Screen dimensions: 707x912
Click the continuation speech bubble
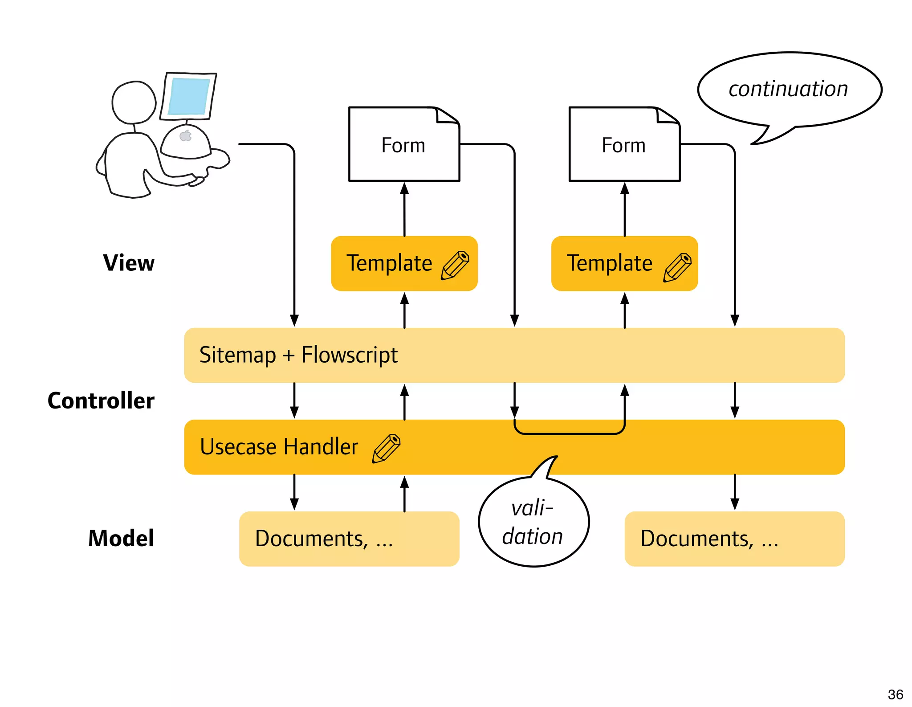pyautogui.click(x=789, y=89)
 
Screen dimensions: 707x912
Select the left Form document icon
pyautogui.click(x=404, y=144)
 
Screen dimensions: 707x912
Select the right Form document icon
pyautogui.click(x=624, y=144)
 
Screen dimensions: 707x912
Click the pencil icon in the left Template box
pyautogui.click(x=455, y=265)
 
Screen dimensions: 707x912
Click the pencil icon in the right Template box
pyautogui.click(x=677, y=267)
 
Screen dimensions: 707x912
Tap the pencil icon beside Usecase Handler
pyautogui.click(x=387, y=448)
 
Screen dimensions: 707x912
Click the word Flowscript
pyautogui.click(x=350, y=355)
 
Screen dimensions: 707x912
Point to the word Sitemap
pyautogui.click(x=237, y=355)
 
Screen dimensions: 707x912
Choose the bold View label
pyautogui.click(x=129, y=263)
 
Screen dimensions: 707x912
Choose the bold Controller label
pyautogui.click(x=101, y=400)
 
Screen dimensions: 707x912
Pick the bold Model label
pyautogui.click(x=121, y=538)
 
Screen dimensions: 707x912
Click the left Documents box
pyautogui.click(x=349, y=539)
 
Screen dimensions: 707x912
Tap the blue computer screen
pyautogui.click(x=189, y=96)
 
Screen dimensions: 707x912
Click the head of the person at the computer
pyautogui.click(x=134, y=102)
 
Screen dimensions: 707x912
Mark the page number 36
pyautogui.click(x=895, y=694)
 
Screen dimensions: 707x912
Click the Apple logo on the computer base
pyautogui.click(x=186, y=135)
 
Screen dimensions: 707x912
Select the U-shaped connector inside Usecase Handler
pyautogui.click(x=570, y=432)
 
